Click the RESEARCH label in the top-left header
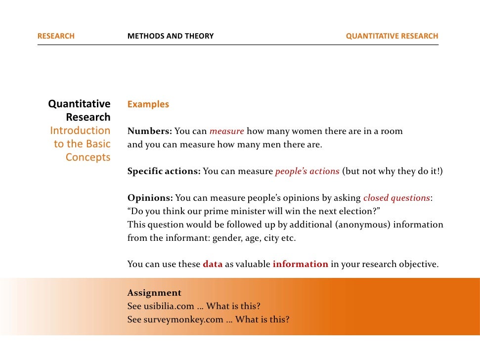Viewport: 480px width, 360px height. [x=56, y=36]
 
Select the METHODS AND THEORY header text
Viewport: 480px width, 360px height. [x=171, y=36]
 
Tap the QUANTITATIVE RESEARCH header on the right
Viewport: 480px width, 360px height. [x=392, y=36]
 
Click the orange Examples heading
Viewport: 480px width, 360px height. [x=148, y=104]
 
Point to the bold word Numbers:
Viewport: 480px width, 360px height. [x=150, y=132]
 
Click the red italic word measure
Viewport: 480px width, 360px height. [x=226, y=132]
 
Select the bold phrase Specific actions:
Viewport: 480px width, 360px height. [x=164, y=172]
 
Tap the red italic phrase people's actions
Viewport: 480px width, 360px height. [x=307, y=172]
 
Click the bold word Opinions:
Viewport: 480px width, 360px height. [x=150, y=198]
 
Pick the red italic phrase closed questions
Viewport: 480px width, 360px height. [x=396, y=198]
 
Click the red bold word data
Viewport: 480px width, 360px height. [x=213, y=264]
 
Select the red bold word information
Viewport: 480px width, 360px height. [x=300, y=264]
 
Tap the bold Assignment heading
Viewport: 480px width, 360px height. [x=154, y=293]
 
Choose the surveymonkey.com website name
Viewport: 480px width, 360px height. [x=183, y=319]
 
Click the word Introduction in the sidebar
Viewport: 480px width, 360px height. [x=80, y=131]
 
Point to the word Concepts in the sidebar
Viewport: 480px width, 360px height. [x=88, y=158]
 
